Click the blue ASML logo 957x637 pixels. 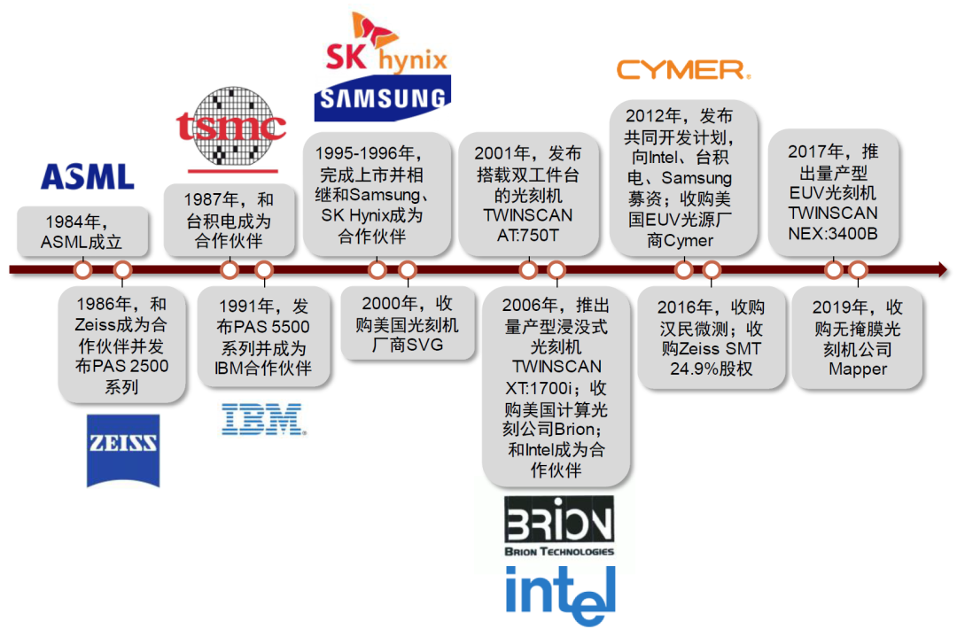pyautogui.click(x=87, y=176)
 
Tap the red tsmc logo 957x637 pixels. pyautogui.click(x=231, y=127)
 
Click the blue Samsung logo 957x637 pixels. pyautogui.click(x=383, y=98)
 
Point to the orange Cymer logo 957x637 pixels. pyautogui.click(x=682, y=70)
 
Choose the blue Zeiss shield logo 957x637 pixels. pyautogui.click(x=123, y=450)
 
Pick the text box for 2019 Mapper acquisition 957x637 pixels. pyautogui.click(x=858, y=338)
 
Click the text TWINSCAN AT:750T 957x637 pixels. pyautogui.click(x=528, y=225)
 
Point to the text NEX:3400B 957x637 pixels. pyautogui.click(x=832, y=231)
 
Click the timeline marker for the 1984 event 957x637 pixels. pyautogui.click(x=82, y=269)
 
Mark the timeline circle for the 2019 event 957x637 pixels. pyautogui.click(x=858, y=269)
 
